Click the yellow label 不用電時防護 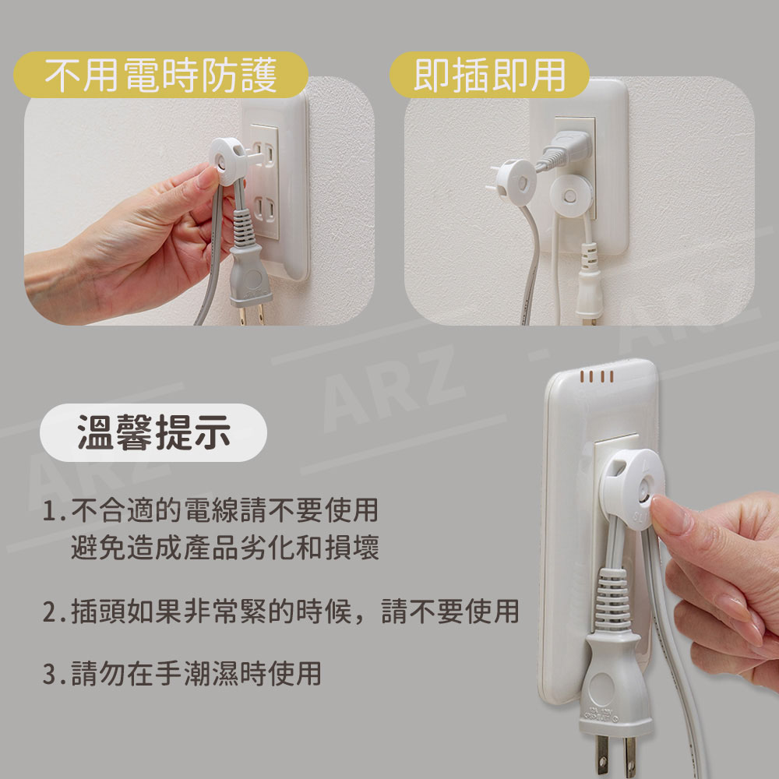(160, 75)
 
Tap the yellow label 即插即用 (489, 75)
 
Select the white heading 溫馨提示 (153, 432)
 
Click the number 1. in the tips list (54, 511)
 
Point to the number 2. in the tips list (54, 612)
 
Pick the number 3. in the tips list (54, 674)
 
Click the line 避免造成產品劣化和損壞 (225, 547)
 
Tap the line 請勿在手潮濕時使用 (196, 674)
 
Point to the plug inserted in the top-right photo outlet (566, 149)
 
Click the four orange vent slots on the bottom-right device (596, 376)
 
